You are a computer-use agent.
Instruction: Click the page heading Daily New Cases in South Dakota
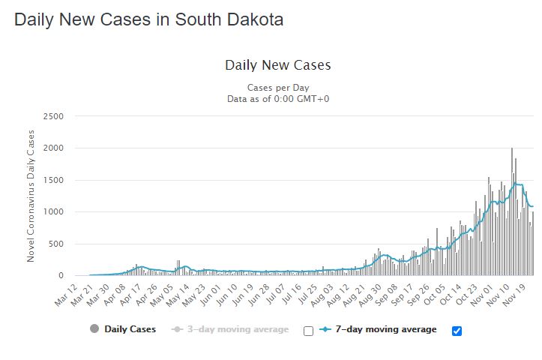tap(148, 20)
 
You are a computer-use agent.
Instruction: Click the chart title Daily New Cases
tap(277, 65)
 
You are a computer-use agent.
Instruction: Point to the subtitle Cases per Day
tap(277, 88)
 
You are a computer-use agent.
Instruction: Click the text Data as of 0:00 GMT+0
tap(277, 98)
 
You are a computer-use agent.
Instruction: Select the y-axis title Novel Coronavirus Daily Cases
tap(31, 196)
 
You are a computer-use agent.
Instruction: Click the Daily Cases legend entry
tap(123, 329)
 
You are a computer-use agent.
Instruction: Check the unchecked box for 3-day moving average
tap(308, 330)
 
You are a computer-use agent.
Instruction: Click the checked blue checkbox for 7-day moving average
tap(457, 330)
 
